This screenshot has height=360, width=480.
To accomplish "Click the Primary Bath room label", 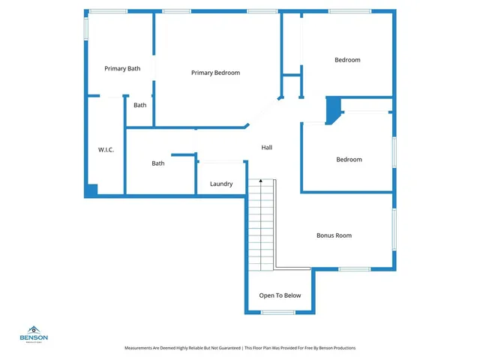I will coord(122,69).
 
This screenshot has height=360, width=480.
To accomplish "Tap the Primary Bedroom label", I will coord(215,73).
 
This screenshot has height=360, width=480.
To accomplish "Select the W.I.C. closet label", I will coord(106,150).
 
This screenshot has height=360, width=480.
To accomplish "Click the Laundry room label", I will coord(221,184).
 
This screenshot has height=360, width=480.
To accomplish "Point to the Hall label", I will coord(266,147).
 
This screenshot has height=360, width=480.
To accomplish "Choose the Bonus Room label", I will coord(334,235).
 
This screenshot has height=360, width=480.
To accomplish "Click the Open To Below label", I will coord(280,295).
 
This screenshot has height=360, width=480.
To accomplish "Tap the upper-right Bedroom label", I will coord(347,60).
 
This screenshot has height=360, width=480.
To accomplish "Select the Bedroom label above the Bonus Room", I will coord(349,159).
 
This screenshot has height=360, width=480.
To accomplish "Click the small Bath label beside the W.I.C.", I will coord(140,105).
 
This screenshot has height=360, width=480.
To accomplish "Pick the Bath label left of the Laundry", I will coord(158,163).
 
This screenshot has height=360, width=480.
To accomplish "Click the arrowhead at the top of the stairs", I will coord(261,181).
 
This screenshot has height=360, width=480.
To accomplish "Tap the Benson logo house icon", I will coord(33,329).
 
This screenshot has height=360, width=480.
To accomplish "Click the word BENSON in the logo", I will coord(33,337).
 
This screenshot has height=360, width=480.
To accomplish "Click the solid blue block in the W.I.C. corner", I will coord(91,191).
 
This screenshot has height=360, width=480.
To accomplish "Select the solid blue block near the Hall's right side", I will coord(332,111).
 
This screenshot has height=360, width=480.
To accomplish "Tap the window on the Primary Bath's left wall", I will coord(85,27).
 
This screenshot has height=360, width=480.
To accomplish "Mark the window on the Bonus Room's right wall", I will coord(393,229).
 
